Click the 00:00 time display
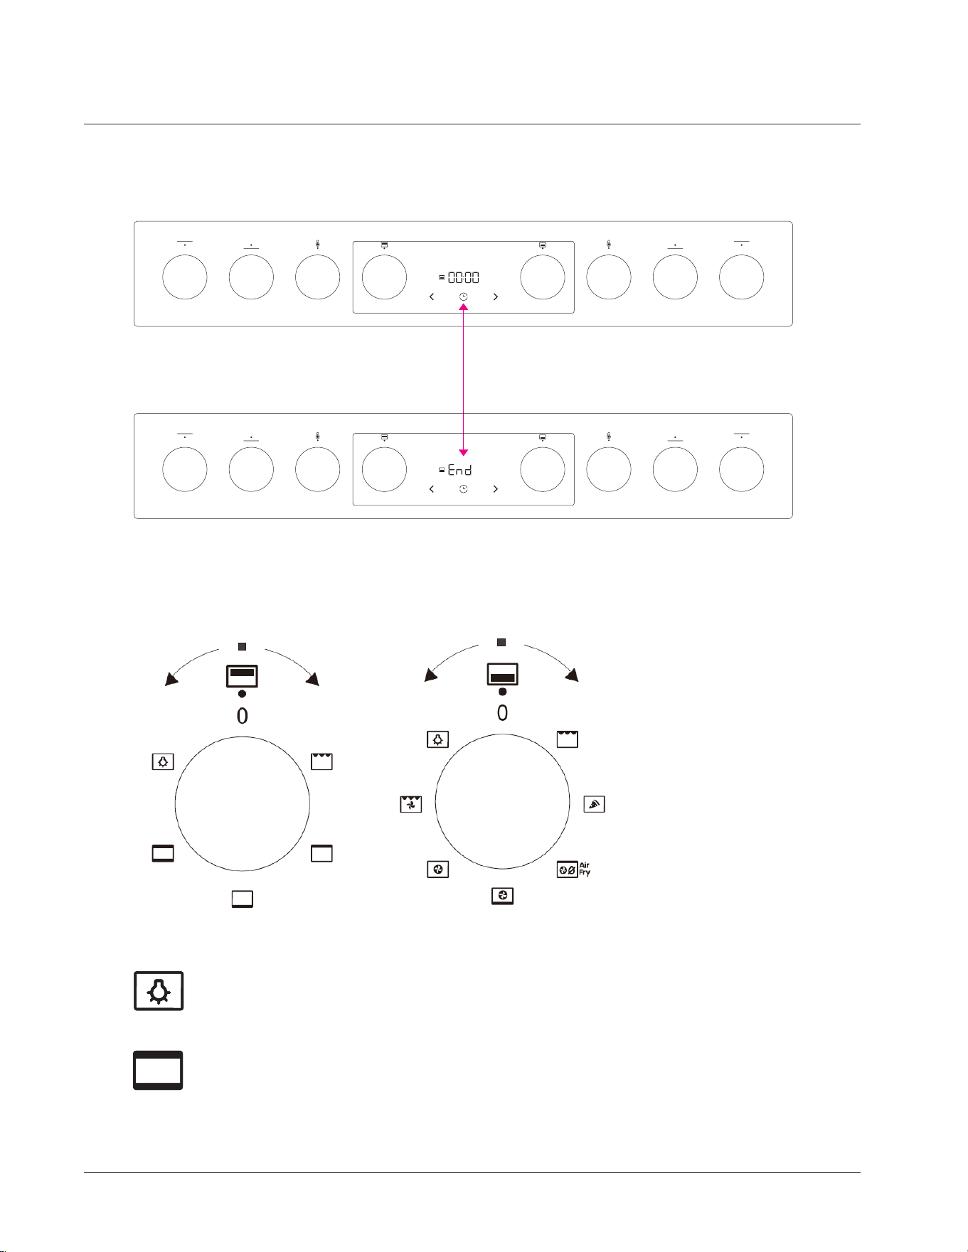click(x=463, y=277)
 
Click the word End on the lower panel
click(x=459, y=470)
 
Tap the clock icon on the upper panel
click(x=464, y=296)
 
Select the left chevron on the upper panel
click(x=432, y=296)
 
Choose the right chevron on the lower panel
click(x=495, y=489)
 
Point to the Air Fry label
click(x=585, y=869)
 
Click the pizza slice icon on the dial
click(x=594, y=804)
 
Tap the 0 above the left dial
click(x=243, y=716)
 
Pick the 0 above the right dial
click(x=503, y=712)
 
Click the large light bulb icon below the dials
click(x=159, y=990)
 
